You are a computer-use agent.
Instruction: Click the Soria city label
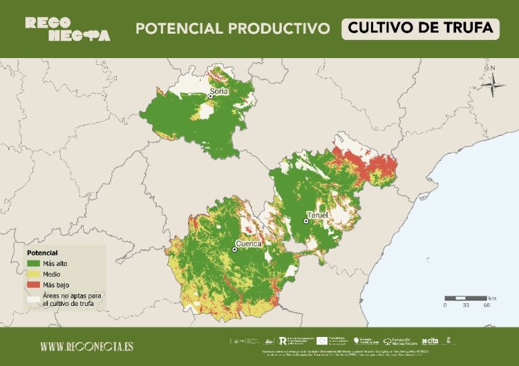[219, 90]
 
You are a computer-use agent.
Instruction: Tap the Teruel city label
[317, 214]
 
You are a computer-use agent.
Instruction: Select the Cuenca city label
[248, 243]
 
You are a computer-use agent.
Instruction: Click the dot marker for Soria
[210, 97]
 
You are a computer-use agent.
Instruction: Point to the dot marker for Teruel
[305, 221]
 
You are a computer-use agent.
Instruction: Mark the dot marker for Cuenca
[234, 249]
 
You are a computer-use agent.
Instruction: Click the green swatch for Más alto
[32, 263]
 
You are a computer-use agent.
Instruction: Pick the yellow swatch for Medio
[32, 274]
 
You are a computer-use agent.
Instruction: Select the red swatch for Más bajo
[32, 285]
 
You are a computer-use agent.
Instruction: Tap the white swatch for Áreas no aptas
[32, 296]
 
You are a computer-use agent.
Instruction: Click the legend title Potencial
[41, 253]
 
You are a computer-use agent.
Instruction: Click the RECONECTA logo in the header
[68, 28]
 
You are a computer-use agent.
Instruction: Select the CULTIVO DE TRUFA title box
[420, 28]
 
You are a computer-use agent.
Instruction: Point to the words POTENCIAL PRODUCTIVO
[232, 28]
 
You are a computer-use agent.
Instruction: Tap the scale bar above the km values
[466, 298]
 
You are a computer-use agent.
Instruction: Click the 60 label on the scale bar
[487, 305]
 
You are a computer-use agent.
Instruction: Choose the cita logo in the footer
[429, 342]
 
